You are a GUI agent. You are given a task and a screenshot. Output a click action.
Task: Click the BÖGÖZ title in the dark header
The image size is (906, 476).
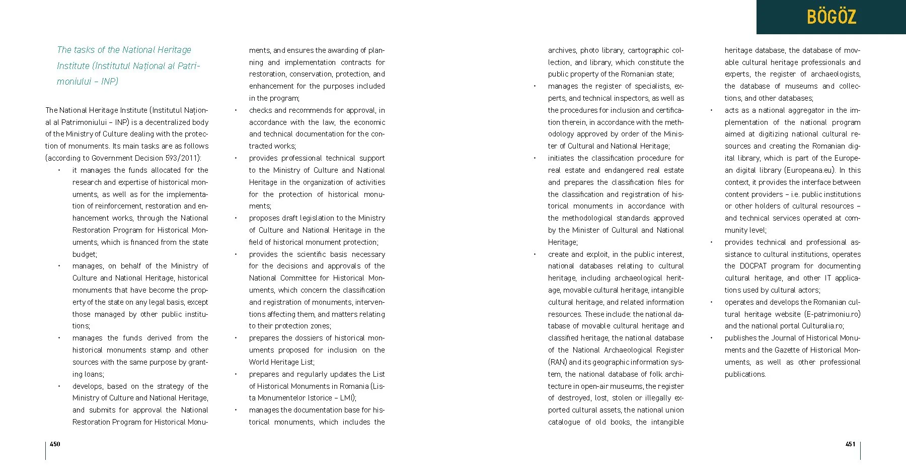[831, 17]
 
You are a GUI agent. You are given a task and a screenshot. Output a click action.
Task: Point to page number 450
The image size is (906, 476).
[55, 444]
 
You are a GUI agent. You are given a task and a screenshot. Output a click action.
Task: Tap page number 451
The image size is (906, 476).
[850, 444]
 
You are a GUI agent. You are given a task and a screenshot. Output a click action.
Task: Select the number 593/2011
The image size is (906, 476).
[180, 158]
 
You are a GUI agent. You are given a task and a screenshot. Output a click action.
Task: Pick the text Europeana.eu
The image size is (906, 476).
[809, 170]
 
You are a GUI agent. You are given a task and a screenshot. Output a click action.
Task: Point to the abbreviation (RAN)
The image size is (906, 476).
[557, 362]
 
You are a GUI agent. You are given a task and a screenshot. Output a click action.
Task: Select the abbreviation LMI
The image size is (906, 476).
[346, 398]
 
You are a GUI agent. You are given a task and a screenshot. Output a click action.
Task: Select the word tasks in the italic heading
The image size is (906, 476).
[83, 50]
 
